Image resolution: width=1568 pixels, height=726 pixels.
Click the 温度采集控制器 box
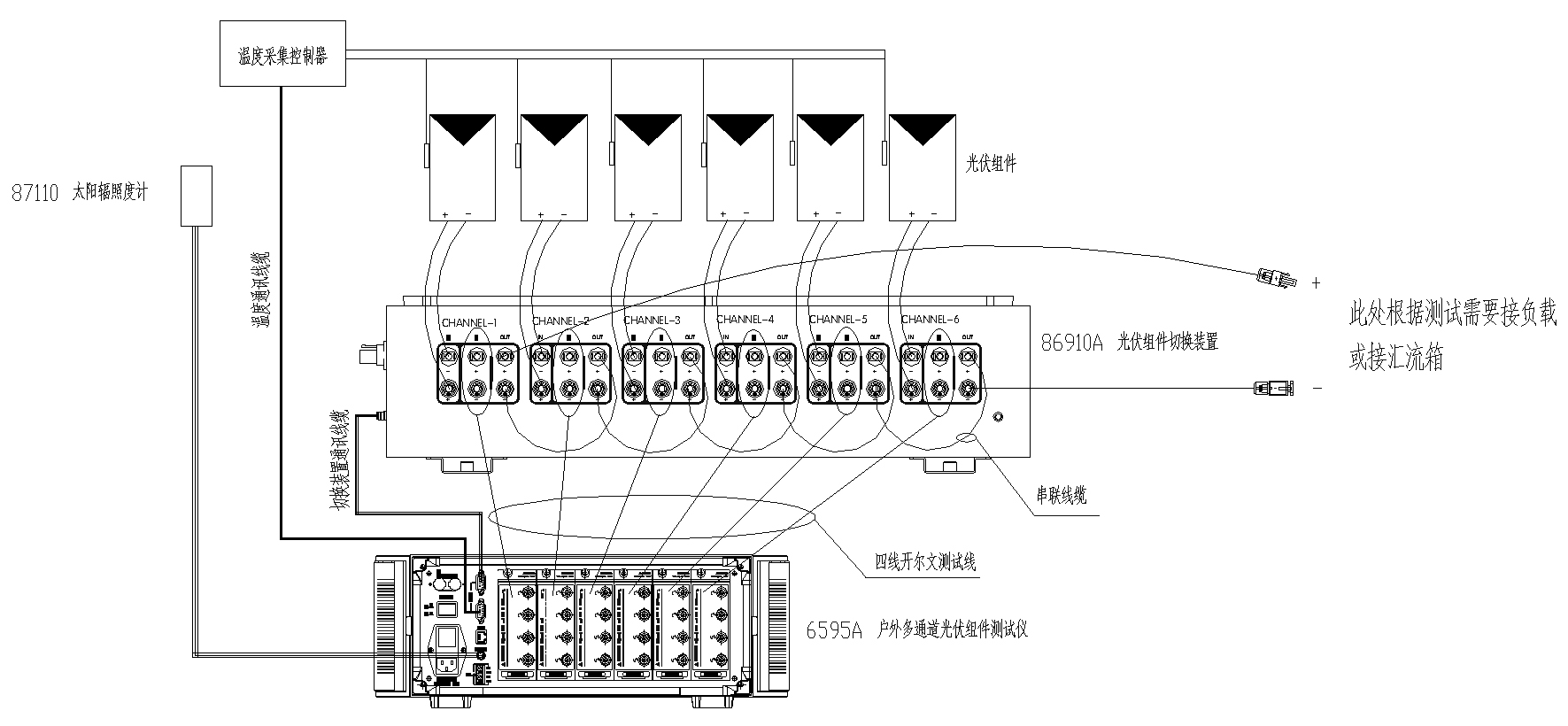click(282, 55)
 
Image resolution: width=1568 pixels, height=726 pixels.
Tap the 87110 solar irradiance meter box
click(197, 195)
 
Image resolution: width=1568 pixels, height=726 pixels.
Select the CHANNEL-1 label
click(469, 320)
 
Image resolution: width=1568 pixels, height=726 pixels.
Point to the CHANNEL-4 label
click(745, 320)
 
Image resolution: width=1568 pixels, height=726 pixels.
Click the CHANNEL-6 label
click(930, 320)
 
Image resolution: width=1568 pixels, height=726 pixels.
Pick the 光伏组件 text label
click(990, 164)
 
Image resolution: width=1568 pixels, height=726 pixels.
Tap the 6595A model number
click(833, 631)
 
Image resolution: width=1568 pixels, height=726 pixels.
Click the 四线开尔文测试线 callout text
click(925, 561)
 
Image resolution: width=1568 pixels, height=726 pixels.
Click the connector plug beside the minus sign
click(1272, 387)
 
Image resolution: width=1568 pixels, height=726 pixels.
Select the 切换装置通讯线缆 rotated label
click(337, 460)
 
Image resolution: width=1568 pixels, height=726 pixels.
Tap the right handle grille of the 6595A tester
click(770, 625)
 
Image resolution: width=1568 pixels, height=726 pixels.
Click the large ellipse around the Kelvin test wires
click(651, 514)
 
